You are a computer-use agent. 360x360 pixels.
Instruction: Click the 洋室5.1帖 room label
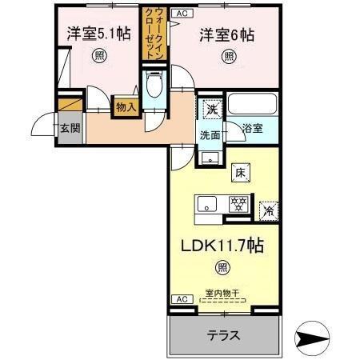pyautogui.click(x=98, y=34)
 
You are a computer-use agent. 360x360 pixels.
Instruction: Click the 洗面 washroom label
pyautogui.click(x=210, y=135)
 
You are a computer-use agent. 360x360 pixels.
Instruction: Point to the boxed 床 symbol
pyautogui.click(x=238, y=171)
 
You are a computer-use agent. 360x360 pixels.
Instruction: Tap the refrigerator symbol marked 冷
pyautogui.click(x=269, y=210)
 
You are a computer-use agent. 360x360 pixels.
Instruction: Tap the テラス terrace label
pyautogui.click(x=223, y=334)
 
